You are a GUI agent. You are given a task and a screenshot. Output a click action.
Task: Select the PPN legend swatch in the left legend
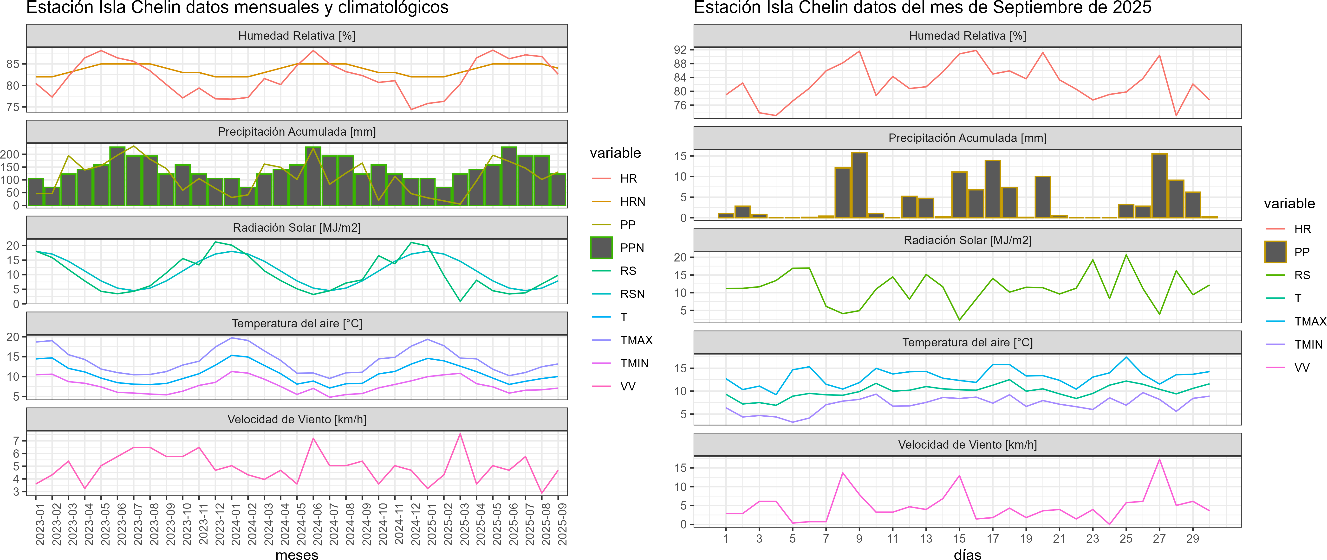click(601, 248)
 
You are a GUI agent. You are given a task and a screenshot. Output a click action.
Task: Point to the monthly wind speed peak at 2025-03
click(460, 434)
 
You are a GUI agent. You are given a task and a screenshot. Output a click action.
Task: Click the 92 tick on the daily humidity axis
click(680, 50)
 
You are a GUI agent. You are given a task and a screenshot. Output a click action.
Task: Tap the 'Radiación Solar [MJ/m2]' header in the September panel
click(967, 240)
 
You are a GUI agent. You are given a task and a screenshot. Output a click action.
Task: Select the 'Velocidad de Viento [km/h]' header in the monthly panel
click(297, 420)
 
